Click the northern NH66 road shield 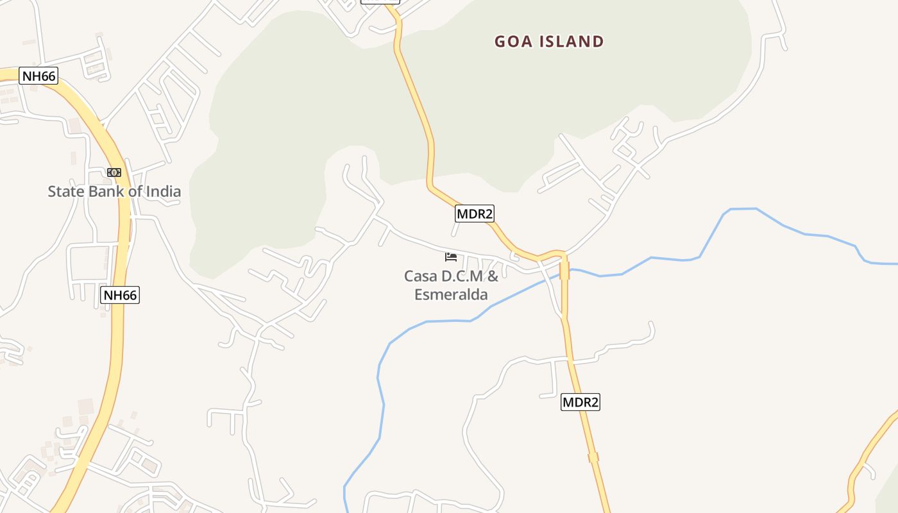[x=39, y=76]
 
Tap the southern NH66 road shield [x=120, y=295]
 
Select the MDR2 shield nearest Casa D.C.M [x=475, y=214]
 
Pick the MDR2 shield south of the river [x=580, y=402]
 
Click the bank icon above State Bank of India [x=114, y=172]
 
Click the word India [x=163, y=191]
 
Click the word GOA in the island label [x=513, y=42]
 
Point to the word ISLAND [x=572, y=42]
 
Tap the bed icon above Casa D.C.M [x=451, y=257]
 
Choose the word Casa [x=419, y=276]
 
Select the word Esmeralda [x=451, y=295]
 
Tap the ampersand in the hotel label [x=493, y=276]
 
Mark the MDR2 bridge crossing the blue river [x=564, y=270]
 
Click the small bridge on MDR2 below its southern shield [x=593, y=457]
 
